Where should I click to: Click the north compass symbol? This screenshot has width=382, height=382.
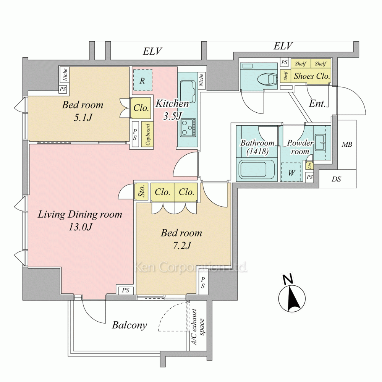pos(293,298)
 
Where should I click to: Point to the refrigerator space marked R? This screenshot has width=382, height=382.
pos(142,80)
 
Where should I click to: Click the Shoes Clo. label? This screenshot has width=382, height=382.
pos(311,76)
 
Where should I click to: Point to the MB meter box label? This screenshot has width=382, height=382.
pos(347,145)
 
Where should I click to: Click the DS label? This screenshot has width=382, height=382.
pos(337,179)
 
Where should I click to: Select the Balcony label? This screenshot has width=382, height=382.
pos(129,325)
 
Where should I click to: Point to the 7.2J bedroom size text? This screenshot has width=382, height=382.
pos(181,246)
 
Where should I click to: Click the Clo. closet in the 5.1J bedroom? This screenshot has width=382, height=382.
pos(141,108)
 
